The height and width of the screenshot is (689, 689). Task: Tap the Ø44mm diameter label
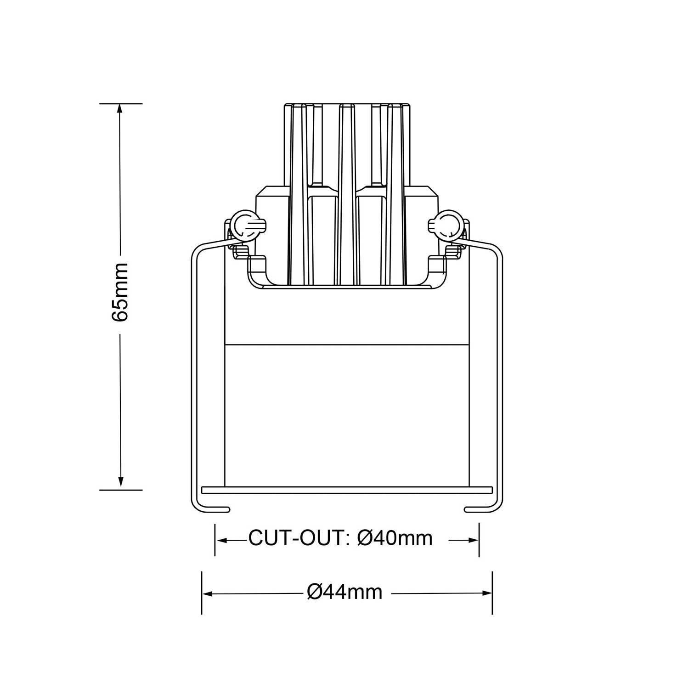click(x=344, y=592)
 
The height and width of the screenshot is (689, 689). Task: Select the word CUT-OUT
click(x=296, y=538)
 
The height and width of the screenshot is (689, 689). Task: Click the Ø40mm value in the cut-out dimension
click(x=395, y=538)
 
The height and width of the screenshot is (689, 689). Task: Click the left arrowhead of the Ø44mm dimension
click(x=207, y=594)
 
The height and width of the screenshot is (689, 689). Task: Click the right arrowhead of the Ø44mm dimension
click(x=487, y=594)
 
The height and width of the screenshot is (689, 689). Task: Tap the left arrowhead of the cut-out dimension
click(x=220, y=541)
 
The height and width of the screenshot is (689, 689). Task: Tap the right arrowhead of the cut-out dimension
click(x=474, y=541)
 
